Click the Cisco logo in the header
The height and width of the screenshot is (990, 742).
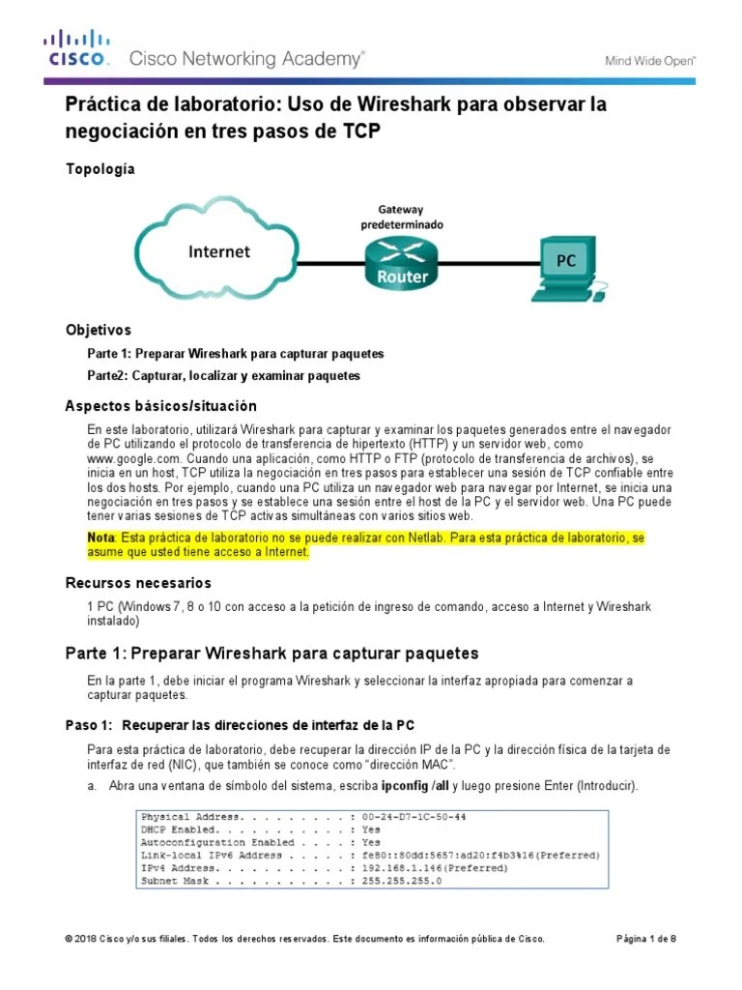coord(76,48)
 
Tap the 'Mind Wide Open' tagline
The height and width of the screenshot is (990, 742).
coord(650,60)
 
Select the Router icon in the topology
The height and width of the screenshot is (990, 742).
coord(402,262)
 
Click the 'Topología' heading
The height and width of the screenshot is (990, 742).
coord(100,169)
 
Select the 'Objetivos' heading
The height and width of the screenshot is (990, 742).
coord(98,330)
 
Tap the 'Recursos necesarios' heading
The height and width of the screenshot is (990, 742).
coord(138,583)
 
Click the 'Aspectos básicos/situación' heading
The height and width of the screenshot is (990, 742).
coord(160,405)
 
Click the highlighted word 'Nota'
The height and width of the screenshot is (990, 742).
coord(100,538)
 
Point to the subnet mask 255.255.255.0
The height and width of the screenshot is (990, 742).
coord(401,881)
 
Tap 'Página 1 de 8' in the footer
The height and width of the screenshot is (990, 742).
coord(646,939)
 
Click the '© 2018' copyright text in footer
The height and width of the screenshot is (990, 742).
coord(83,939)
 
